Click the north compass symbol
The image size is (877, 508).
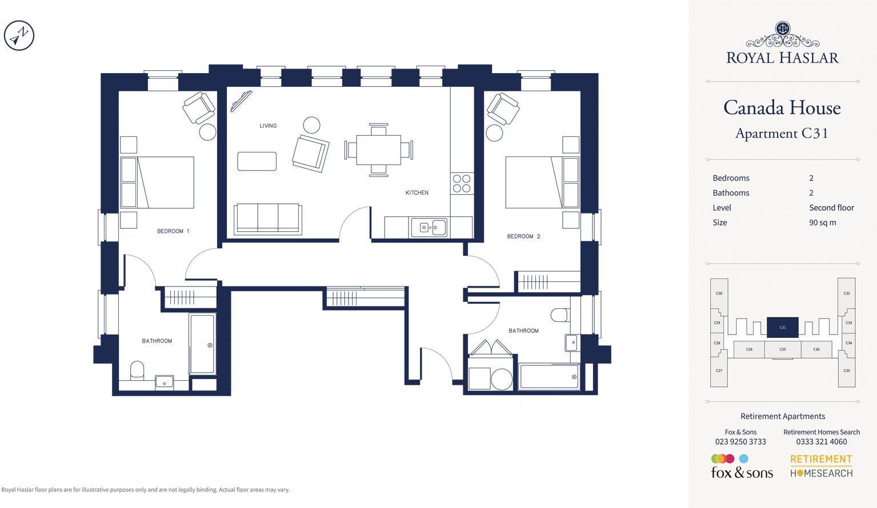point(19,35)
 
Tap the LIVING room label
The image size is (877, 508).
point(268,126)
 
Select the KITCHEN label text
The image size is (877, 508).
point(417,192)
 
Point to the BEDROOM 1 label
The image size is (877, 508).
point(173,231)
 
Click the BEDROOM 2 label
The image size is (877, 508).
point(523,236)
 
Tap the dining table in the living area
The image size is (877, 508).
point(379,150)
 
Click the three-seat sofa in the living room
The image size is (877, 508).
point(268,219)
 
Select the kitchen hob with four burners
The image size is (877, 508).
point(462,183)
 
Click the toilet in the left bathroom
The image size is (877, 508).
point(137,370)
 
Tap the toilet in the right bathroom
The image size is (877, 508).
point(560,315)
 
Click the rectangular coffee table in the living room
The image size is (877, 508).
point(257,161)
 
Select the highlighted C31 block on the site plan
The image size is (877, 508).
point(782,327)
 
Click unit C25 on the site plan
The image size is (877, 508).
point(783,349)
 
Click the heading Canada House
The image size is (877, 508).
point(782,107)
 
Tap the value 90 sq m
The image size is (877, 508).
point(823,223)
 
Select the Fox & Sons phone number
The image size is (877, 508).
point(740,442)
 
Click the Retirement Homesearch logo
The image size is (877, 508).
point(821,466)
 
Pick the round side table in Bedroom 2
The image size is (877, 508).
point(494,132)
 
